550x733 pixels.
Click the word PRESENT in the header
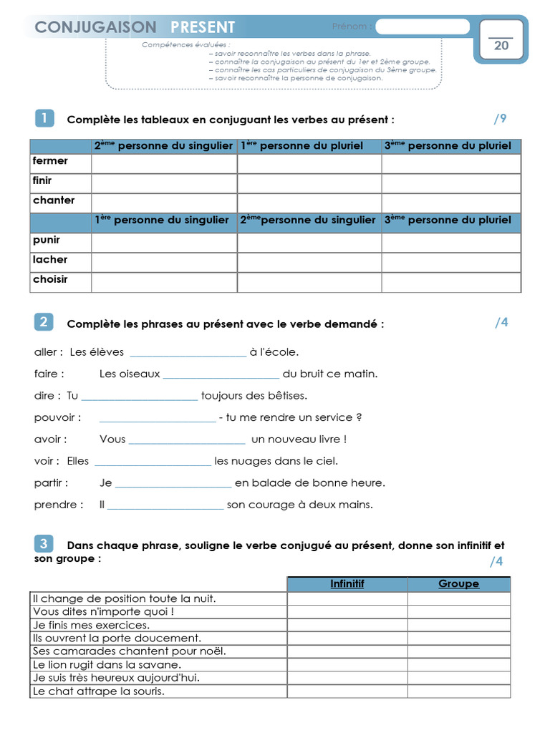203,27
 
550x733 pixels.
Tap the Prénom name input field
422,27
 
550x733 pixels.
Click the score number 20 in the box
501,46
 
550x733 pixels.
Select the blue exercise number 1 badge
44,118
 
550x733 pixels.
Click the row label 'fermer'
50,161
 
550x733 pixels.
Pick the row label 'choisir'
50,279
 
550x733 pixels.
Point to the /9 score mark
499,119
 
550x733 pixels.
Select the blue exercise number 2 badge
44,322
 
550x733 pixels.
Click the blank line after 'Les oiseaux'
221,374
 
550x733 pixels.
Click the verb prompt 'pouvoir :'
57,417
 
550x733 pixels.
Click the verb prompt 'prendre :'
59,505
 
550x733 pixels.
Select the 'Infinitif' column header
347,584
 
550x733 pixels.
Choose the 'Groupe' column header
458,584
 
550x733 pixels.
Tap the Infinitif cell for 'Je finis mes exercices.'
347,625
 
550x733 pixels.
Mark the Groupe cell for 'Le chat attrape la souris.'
458,691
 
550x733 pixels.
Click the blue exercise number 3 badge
44,545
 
